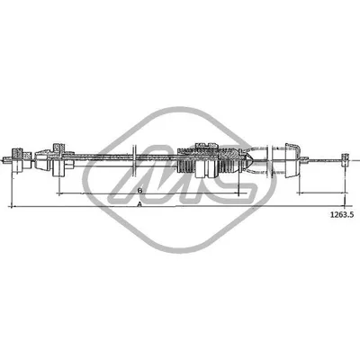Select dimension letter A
(x=140, y=206)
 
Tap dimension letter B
(x=140, y=191)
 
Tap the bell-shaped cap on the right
(x=289, y=160)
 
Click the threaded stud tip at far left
(x=7, y=159)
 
